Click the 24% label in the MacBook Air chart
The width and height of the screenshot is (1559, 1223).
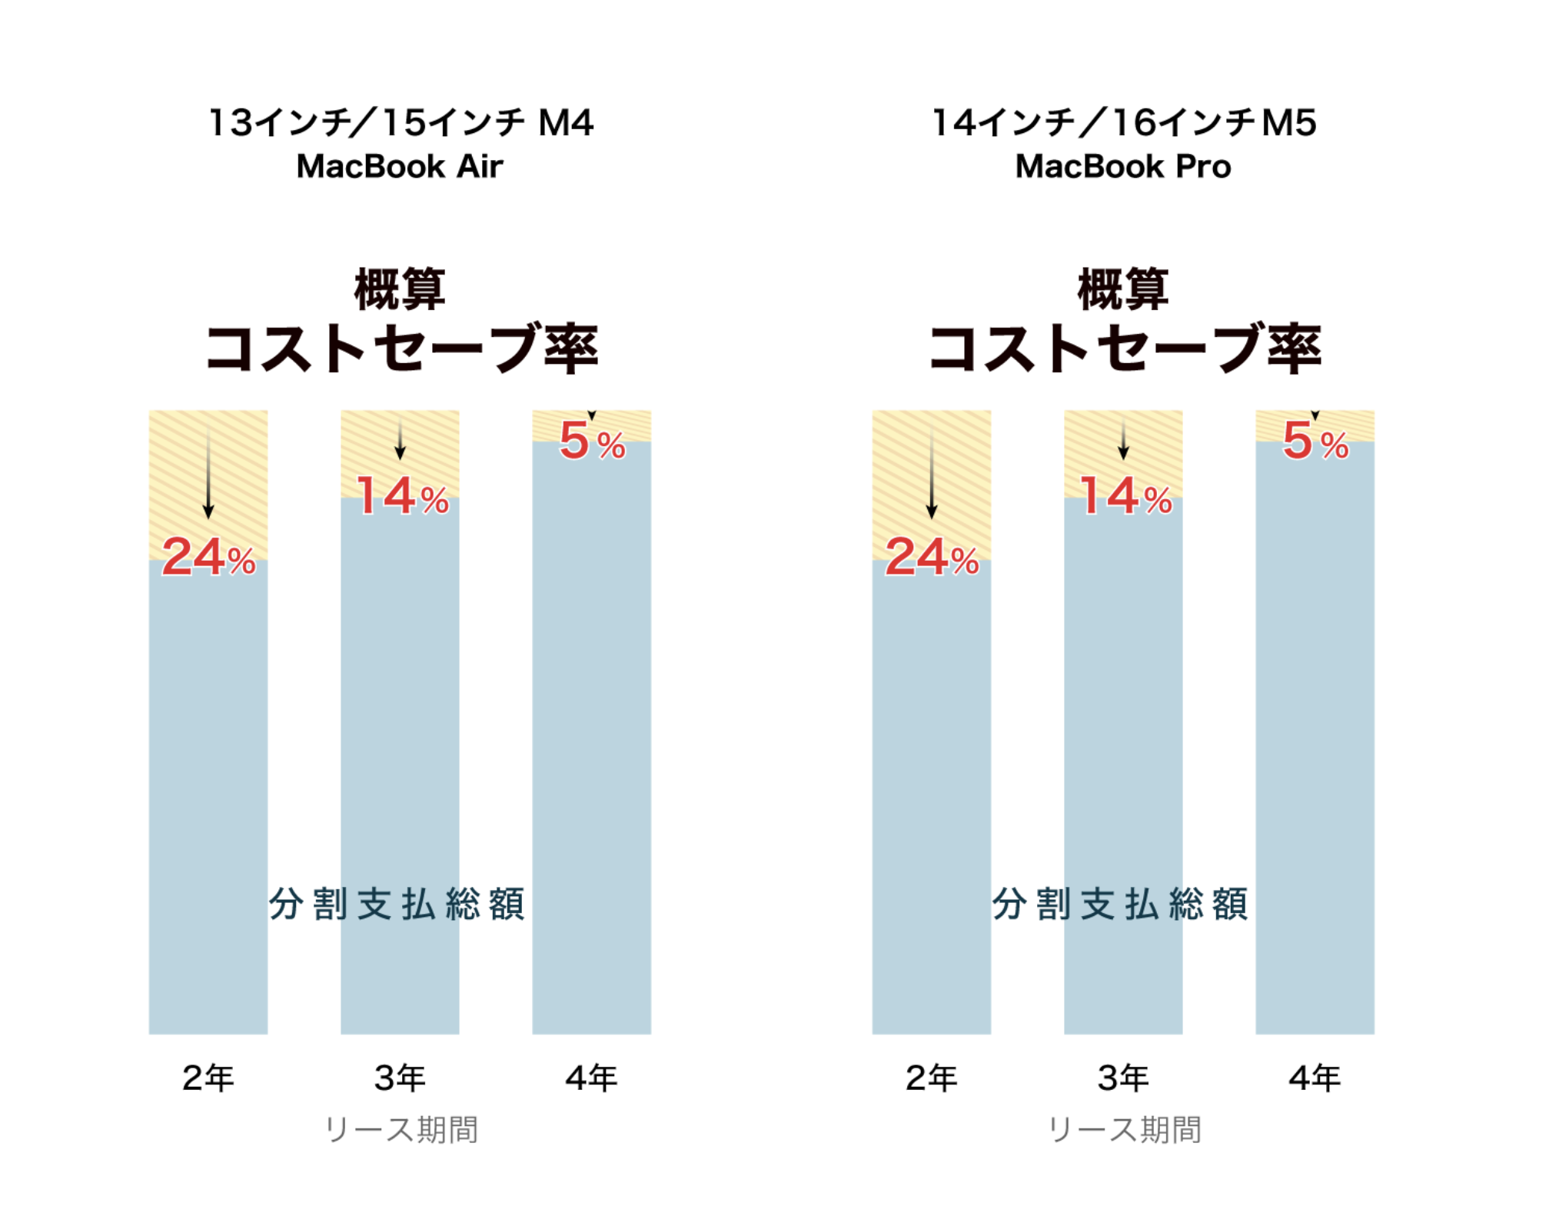pyautogui.click(x=208, y=557)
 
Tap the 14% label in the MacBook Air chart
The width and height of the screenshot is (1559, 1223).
pyautogui.click(x=401, y=496)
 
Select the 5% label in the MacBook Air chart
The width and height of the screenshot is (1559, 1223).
pyautogui.click(x=592, y=442)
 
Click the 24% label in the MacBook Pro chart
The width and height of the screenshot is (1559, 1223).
pyautogui.click(x=932, y=557)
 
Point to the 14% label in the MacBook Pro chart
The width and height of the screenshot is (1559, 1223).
pyautogui.click(x=1125, y=496)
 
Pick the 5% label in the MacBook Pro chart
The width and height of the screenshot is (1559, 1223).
pyautogui.click(x=1315, y=442)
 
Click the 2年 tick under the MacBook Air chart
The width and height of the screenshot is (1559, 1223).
pyautogui.click(x=208, y=1078)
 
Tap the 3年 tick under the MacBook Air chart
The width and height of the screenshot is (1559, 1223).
pyautogui.click(x=400, y=1078)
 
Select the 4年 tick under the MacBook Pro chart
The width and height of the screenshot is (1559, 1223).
pyautogui.click(x=1315, y=1078)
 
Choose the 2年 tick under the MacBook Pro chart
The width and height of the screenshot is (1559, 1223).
pyautogui.click(x=931, y=1078)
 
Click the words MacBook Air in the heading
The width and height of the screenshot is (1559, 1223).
pyautogui.click(x=400, y=166)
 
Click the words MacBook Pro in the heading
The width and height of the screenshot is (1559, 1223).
pyautogui.click(x=1123, y=166)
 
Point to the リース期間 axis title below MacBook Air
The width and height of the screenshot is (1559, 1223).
pyautogui.click(x=401, y=1129)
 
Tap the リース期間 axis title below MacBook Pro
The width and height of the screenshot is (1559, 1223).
pyautogui.click(x=1125, y=1129)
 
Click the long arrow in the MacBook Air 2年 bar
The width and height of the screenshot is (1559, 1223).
pyautogui.click(x=208, y=473)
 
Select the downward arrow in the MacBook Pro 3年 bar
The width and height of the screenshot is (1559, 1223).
pyautogui.click(x=1123, y=442)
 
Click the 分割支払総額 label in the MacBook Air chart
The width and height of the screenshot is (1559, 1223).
pyautogui.click(x=397, y=904)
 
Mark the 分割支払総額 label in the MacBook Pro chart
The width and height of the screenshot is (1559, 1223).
pyautogui.click(x=1120, y=904)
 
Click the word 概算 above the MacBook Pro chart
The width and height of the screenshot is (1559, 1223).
pyautogui.click(x=1123, y=290)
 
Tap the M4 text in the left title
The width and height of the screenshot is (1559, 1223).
pyautogui.click(x=566, y=123)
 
